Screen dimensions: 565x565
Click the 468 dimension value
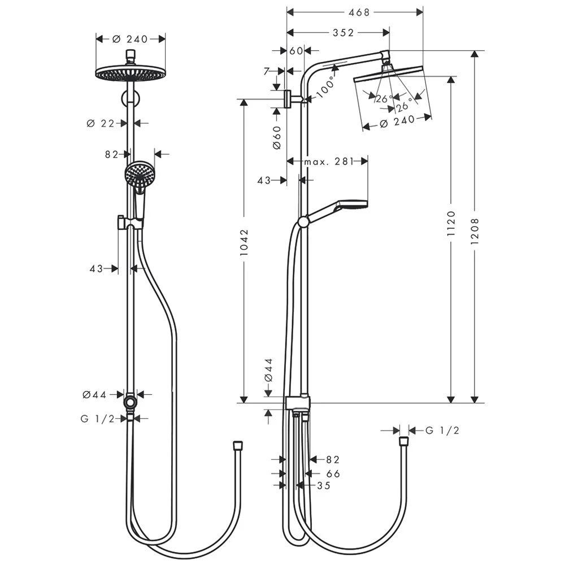coord(355,12)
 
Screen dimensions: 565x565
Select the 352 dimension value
coord(343,33)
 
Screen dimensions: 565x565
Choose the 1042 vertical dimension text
coord(244,244)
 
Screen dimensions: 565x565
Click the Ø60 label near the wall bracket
coord(276,137)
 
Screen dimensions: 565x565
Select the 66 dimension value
coord(333,473)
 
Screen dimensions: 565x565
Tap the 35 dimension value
coord(323,485)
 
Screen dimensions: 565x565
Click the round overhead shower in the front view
coord(131,73)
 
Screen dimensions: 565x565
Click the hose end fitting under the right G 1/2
coord(403,441)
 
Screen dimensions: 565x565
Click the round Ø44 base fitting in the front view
coord(131,402)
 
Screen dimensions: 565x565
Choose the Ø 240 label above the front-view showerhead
coord(130,39)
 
